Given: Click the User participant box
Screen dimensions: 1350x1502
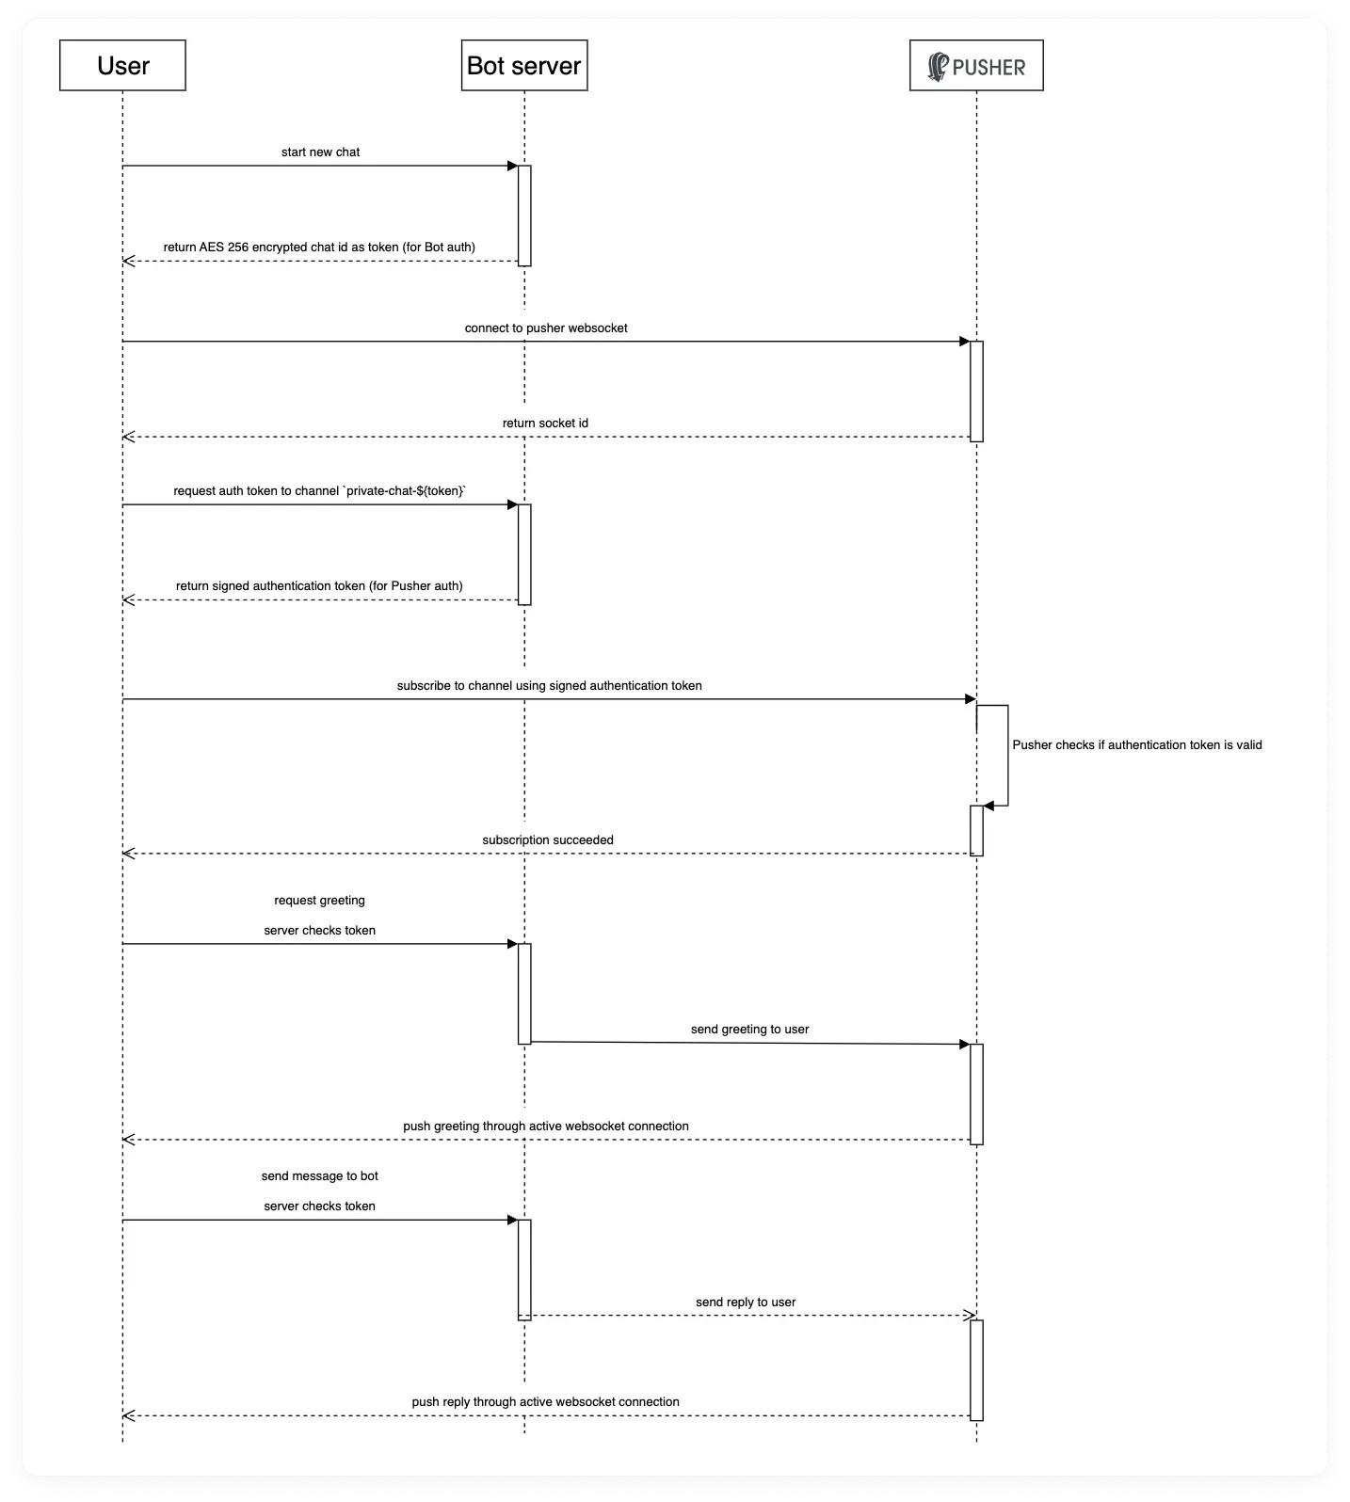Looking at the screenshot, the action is point(122,65).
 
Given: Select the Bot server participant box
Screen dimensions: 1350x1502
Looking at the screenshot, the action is point(524,65).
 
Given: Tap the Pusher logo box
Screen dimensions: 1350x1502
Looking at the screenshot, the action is point(976,65).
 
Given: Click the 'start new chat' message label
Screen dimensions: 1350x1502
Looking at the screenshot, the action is point(320,152).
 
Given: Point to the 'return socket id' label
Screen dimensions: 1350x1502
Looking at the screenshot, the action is point(545,423).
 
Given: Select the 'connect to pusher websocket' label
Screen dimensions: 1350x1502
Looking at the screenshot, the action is point(546,328).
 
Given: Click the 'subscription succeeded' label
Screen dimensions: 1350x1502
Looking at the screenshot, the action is point(548,839).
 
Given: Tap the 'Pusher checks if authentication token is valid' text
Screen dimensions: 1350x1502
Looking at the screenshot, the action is point(1137,744).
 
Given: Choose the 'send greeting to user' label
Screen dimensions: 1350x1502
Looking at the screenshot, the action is point(749,1029).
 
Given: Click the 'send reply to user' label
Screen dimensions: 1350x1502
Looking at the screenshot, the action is point(746,1302).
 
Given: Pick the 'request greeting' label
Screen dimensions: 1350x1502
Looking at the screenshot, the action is point(319,900).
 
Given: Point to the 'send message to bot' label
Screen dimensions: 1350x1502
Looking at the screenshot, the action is point(319,1175).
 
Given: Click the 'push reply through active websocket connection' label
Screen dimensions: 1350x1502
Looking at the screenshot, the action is point(545,1401).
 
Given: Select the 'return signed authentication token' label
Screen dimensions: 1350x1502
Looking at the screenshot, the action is point(319,585).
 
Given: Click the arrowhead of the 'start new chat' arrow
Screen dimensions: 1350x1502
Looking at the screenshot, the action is point(513,166).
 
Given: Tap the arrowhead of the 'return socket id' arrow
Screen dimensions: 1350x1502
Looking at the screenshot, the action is point(128,437).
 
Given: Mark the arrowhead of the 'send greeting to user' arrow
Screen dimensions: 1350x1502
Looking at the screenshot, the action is point(965,1044).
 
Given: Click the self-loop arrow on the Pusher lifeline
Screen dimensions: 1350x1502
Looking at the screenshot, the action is point(1008,755).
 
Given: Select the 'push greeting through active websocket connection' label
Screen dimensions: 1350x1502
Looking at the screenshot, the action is point(546,1126).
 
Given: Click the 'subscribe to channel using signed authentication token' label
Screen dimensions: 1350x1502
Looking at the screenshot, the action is point(549,685).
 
